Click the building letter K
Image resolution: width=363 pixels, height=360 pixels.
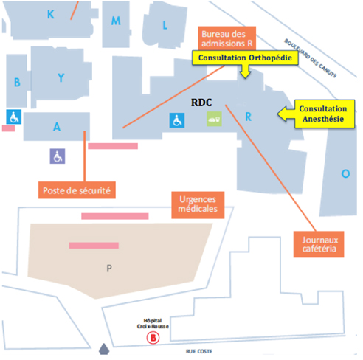pyautogui.click(x=51, y=15)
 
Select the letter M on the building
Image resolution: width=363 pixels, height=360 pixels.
pyautogui.click(x=116, y=21)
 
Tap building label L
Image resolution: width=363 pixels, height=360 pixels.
pyautogui.click(x=165, y=25)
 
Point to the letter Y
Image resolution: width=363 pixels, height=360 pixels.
pyautogui.click(x=61, y=77)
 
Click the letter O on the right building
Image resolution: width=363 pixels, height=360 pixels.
pyautogui.click(x=345, y=173)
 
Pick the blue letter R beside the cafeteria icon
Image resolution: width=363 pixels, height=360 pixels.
pyautogui.click(x=249, y=117)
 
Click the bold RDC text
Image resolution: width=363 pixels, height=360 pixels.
pyautogui.click(x=201, y=103)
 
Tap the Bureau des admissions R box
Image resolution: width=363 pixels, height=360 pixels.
pyautogui.click(x=227, y=38)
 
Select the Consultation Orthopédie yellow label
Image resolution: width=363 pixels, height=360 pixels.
pyautogui.click(x=245, y=58)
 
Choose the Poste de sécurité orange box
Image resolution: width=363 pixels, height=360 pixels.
pyautogui.click(x=77, y=190)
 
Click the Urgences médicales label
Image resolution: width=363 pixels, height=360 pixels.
pyautogui.click(x=198, y=205)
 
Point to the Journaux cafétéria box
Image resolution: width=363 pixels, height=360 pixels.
pyautogui.click(x=319, y=244)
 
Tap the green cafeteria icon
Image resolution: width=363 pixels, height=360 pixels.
pyautogui.click(x=214, y=119)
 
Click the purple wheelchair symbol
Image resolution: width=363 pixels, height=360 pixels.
pyautogui.click(x=58, y=156)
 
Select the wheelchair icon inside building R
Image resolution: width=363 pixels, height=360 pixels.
pyautogui.click(x=177, y=120)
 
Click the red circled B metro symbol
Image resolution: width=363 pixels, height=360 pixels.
pyautogui.click(x=153, y=338)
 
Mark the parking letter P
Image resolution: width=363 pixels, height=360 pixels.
pyautogui.click(x=109, y=268)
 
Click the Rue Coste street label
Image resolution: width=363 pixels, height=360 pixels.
pyautogui.click(x=199, y=351)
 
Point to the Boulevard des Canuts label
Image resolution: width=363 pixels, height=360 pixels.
pyautogui.click(x=310, y=58)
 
